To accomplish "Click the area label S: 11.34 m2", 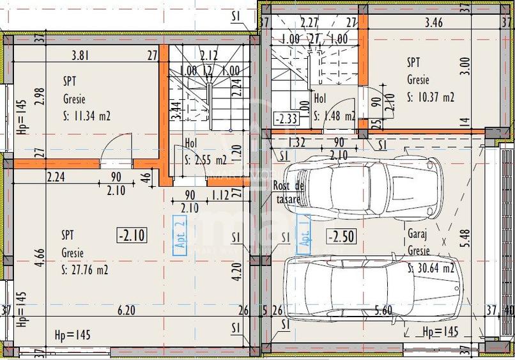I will (x=87, y=116).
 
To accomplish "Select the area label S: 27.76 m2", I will (x=84, y=270).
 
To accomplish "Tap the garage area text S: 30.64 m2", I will (x=431, y=268).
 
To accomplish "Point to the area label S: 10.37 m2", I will (x=431, y=97).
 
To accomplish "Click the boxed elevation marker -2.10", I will (x=132, y=235).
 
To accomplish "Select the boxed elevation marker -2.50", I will (x=341, y=235).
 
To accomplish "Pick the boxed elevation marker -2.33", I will (x=284, y=118).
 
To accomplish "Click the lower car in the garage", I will (x=373, y=286).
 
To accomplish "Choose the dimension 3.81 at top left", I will (x=80, y=55).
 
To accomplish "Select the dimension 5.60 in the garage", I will (x=383, y=311).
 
